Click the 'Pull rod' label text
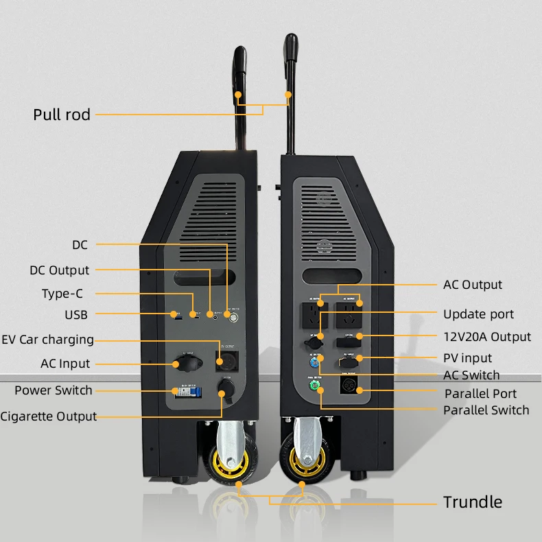62,115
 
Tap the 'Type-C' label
63,294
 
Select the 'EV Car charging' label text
47,340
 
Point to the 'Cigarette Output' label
48,416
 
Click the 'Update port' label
478,314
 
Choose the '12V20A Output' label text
487,337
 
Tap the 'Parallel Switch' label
486,410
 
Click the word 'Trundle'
472,502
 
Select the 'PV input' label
467,358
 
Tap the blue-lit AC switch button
316,359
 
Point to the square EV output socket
225,358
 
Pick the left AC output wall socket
314,316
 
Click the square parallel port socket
351,386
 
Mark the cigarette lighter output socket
225,388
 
